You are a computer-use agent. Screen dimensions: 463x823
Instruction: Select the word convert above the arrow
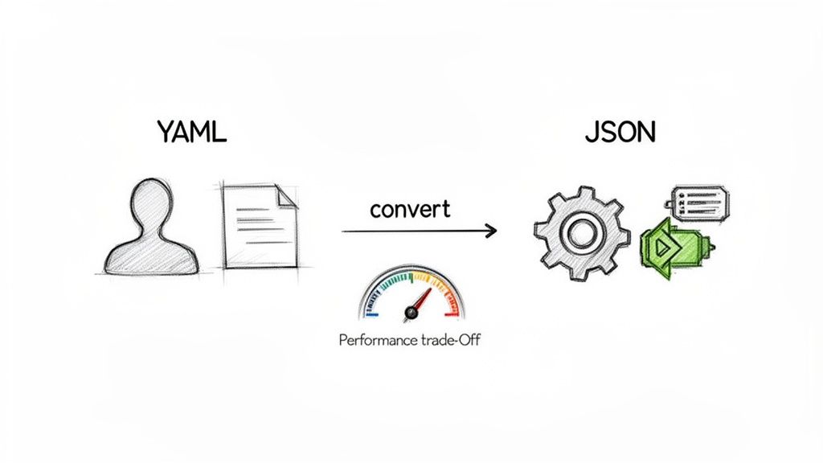(410, 210)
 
